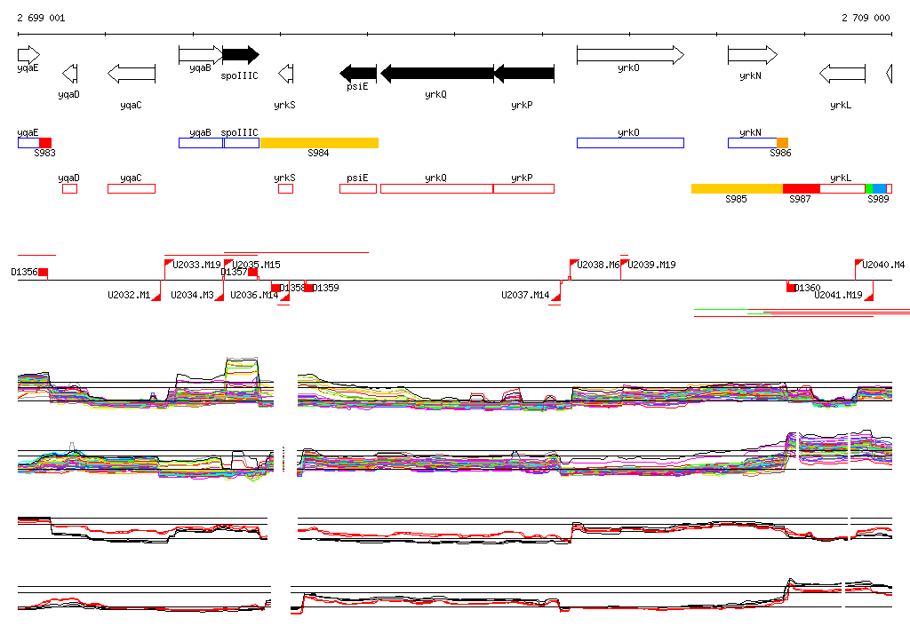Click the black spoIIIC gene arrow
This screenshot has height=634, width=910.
point(240,55)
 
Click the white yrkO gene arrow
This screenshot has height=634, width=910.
point(630,55)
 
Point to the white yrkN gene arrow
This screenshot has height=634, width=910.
point(752,55)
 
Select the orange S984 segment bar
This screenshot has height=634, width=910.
point(319,143)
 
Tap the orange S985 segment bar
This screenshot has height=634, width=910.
point(737,188)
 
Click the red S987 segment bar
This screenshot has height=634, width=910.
point(801,188)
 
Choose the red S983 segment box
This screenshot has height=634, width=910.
point(45,143)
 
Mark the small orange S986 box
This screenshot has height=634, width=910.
point(782,143)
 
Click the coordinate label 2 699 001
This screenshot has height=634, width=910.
point(40,18)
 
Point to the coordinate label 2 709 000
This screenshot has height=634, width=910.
point(865,18)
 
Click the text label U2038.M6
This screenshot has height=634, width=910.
point(598,265)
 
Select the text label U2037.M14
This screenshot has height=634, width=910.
point(525,295)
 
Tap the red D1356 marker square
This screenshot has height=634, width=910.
point(43,272)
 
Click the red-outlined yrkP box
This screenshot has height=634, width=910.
point(523,188)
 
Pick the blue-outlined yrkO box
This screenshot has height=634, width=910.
point(630,143)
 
